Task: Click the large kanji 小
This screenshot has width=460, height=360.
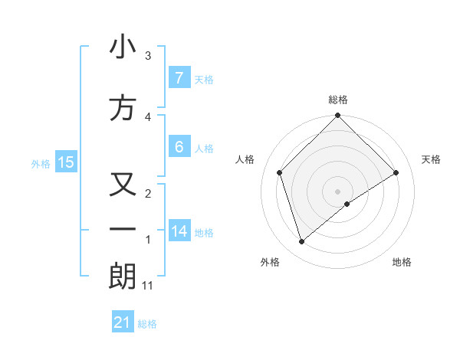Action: point(123,47)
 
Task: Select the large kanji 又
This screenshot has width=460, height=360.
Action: point(123,185)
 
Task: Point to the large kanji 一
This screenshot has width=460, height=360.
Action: point(123,229)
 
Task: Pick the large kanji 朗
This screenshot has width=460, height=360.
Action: point(123,277)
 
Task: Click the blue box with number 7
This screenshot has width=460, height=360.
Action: point(179,77)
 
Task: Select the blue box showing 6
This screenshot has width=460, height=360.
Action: point(179,147)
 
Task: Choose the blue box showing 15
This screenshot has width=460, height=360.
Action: point(65,162)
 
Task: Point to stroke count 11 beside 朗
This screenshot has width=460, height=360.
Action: point(148,286)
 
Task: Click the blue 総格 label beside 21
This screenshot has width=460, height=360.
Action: point(147,324)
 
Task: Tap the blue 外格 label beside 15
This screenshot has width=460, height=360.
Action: point(41,163)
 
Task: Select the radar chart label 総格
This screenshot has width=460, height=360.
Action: point(337,100)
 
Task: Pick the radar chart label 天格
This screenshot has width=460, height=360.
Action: point(431,159)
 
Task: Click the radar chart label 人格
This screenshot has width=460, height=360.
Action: point(245,159)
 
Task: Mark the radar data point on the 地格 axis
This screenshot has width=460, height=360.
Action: point(347,204)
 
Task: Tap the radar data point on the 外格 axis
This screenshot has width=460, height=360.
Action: point(302,242)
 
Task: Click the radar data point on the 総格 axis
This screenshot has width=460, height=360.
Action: point(337,117)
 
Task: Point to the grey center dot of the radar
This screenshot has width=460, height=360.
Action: point(337,191)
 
